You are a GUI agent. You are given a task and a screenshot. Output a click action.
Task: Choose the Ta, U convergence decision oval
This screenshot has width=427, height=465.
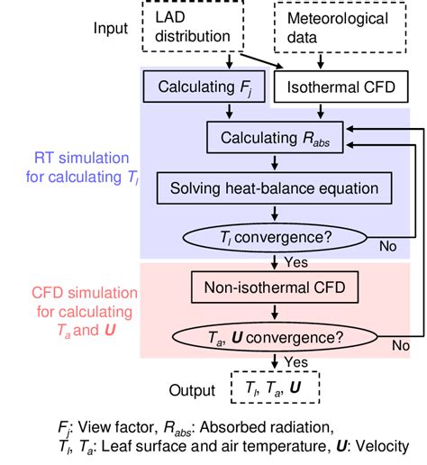coord(275,340)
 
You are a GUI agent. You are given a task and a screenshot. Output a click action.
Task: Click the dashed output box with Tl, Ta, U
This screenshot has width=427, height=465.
coord(273,390)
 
